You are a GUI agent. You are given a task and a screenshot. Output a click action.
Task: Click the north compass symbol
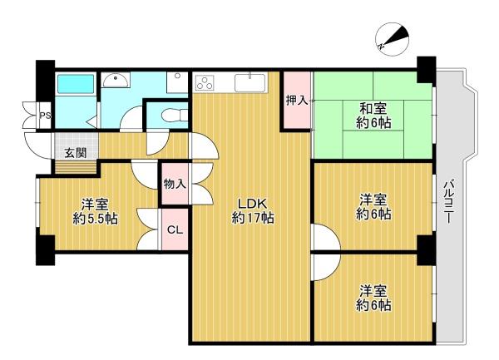coord(392,39)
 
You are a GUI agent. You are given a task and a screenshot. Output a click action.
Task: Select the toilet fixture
coord(175,115)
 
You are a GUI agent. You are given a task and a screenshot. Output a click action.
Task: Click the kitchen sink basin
coord(249,82)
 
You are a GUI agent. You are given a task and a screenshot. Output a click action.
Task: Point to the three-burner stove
coord(205,81)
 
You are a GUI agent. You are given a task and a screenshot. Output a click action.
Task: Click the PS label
coord(45,116)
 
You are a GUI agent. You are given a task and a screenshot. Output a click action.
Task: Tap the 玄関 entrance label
coord(76,153)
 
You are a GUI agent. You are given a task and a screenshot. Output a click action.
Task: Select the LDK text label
coord(253,203)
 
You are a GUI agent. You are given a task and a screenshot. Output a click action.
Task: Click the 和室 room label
coord(373,109)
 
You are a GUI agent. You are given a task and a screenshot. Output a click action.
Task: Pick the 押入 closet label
coord(297,100)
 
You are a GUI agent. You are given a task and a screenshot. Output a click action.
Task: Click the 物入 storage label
coord(175,184)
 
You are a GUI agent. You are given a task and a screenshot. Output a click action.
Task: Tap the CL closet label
coord(175,229)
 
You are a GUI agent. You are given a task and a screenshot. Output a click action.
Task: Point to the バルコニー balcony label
coord(449,201)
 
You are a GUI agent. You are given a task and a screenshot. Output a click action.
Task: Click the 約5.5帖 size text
coord(95,219)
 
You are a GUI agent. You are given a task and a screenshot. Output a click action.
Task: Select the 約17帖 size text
coord(253,218)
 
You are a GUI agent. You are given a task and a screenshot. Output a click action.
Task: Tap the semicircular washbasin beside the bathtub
coord(116,80)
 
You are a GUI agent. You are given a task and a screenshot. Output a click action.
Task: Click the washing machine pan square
coord(177,82)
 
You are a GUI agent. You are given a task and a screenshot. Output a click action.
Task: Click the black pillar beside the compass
coord(426,69)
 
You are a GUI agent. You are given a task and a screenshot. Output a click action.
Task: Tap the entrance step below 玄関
coord(76,168)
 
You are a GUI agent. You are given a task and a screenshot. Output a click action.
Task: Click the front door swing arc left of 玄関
coord(37,145)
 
